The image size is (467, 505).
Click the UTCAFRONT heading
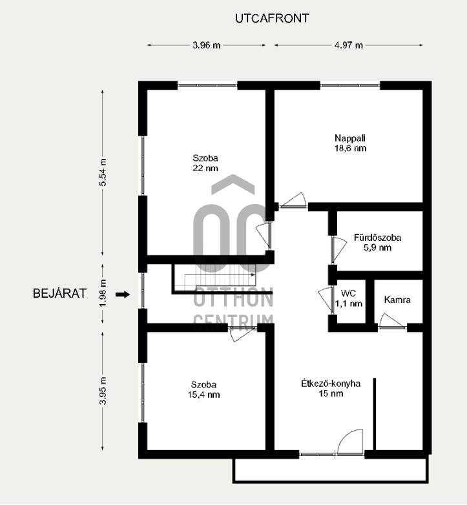[272, 18]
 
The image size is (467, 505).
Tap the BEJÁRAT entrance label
[60, 293]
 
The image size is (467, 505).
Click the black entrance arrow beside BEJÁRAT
[123, 294]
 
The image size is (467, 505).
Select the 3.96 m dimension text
[207, 45]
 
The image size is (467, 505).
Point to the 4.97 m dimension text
[349, 45]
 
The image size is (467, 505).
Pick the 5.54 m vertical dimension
[103, 172]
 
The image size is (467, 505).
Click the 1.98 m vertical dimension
[103, 293]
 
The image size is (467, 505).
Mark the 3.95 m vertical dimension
[103, 391]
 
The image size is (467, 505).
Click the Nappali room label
[350, 138]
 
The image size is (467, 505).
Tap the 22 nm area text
[205, 168]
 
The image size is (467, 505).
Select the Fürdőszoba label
[377, 238]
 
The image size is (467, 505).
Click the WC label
[348, 293]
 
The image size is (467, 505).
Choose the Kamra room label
[397, 300]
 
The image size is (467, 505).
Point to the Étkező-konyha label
[331, 384]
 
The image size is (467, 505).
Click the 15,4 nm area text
[203, 395]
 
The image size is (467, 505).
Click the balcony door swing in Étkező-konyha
[350, 442]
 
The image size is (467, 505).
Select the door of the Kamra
[391, 321]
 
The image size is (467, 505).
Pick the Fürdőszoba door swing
[339, 249]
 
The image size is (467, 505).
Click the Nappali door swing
[293, 200]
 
